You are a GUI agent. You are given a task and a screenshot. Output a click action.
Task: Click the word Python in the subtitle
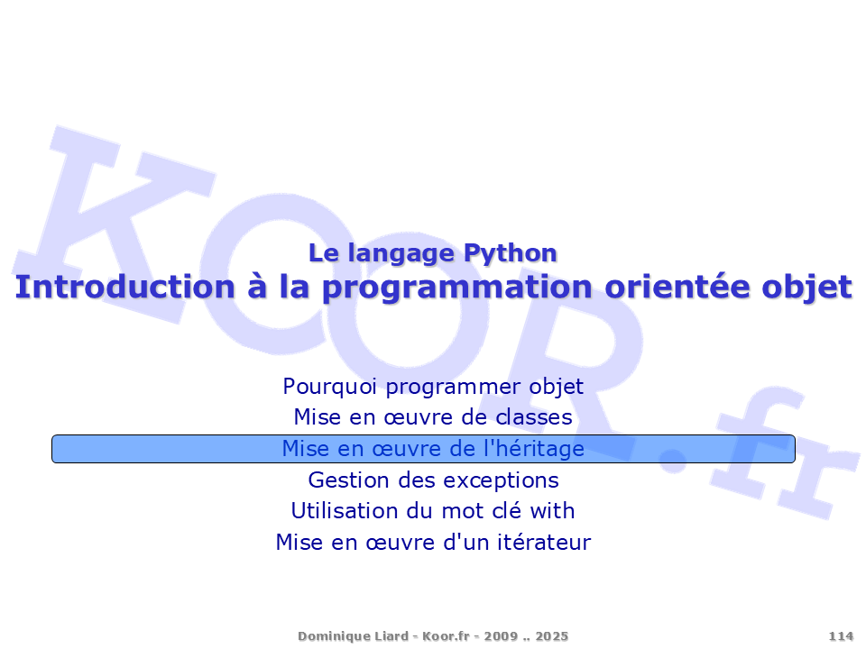coord(510,254)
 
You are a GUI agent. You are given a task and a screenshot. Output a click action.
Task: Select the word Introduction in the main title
coord(125,287)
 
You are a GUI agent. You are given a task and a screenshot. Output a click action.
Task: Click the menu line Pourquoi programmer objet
coord(433,387)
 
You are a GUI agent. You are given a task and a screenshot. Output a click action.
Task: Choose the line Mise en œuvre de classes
coord(433,417)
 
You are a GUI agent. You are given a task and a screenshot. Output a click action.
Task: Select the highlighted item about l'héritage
coord(433,449)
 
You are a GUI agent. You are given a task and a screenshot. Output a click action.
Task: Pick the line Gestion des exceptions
coord(433,480)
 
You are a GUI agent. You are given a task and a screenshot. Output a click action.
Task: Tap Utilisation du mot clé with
coord(433,510)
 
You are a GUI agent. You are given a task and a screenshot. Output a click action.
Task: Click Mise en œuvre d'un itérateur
coord(433,542)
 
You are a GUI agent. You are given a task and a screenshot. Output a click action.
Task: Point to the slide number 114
coord(841,636)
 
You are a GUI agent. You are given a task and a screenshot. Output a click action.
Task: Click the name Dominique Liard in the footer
coord(353,636)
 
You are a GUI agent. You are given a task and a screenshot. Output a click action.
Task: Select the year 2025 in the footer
coord(552,636)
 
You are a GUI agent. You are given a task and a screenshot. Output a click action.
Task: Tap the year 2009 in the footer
coord(501,636)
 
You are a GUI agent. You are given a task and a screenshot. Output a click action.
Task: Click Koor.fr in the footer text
coord(446,636)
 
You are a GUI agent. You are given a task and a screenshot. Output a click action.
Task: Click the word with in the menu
coord(552,510)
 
